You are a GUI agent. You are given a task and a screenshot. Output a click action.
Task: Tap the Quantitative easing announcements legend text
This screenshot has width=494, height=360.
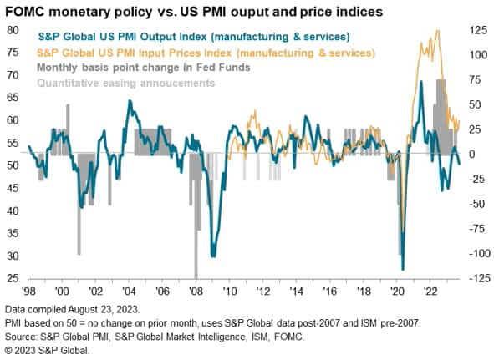pyautogui.click(x=125, y=83)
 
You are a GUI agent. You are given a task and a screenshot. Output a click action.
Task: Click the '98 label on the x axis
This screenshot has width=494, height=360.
pyautogui.click(x=28, y=292)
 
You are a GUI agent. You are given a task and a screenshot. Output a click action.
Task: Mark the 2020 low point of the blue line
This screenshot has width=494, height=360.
pyautogui.click(x=402, y=269)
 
